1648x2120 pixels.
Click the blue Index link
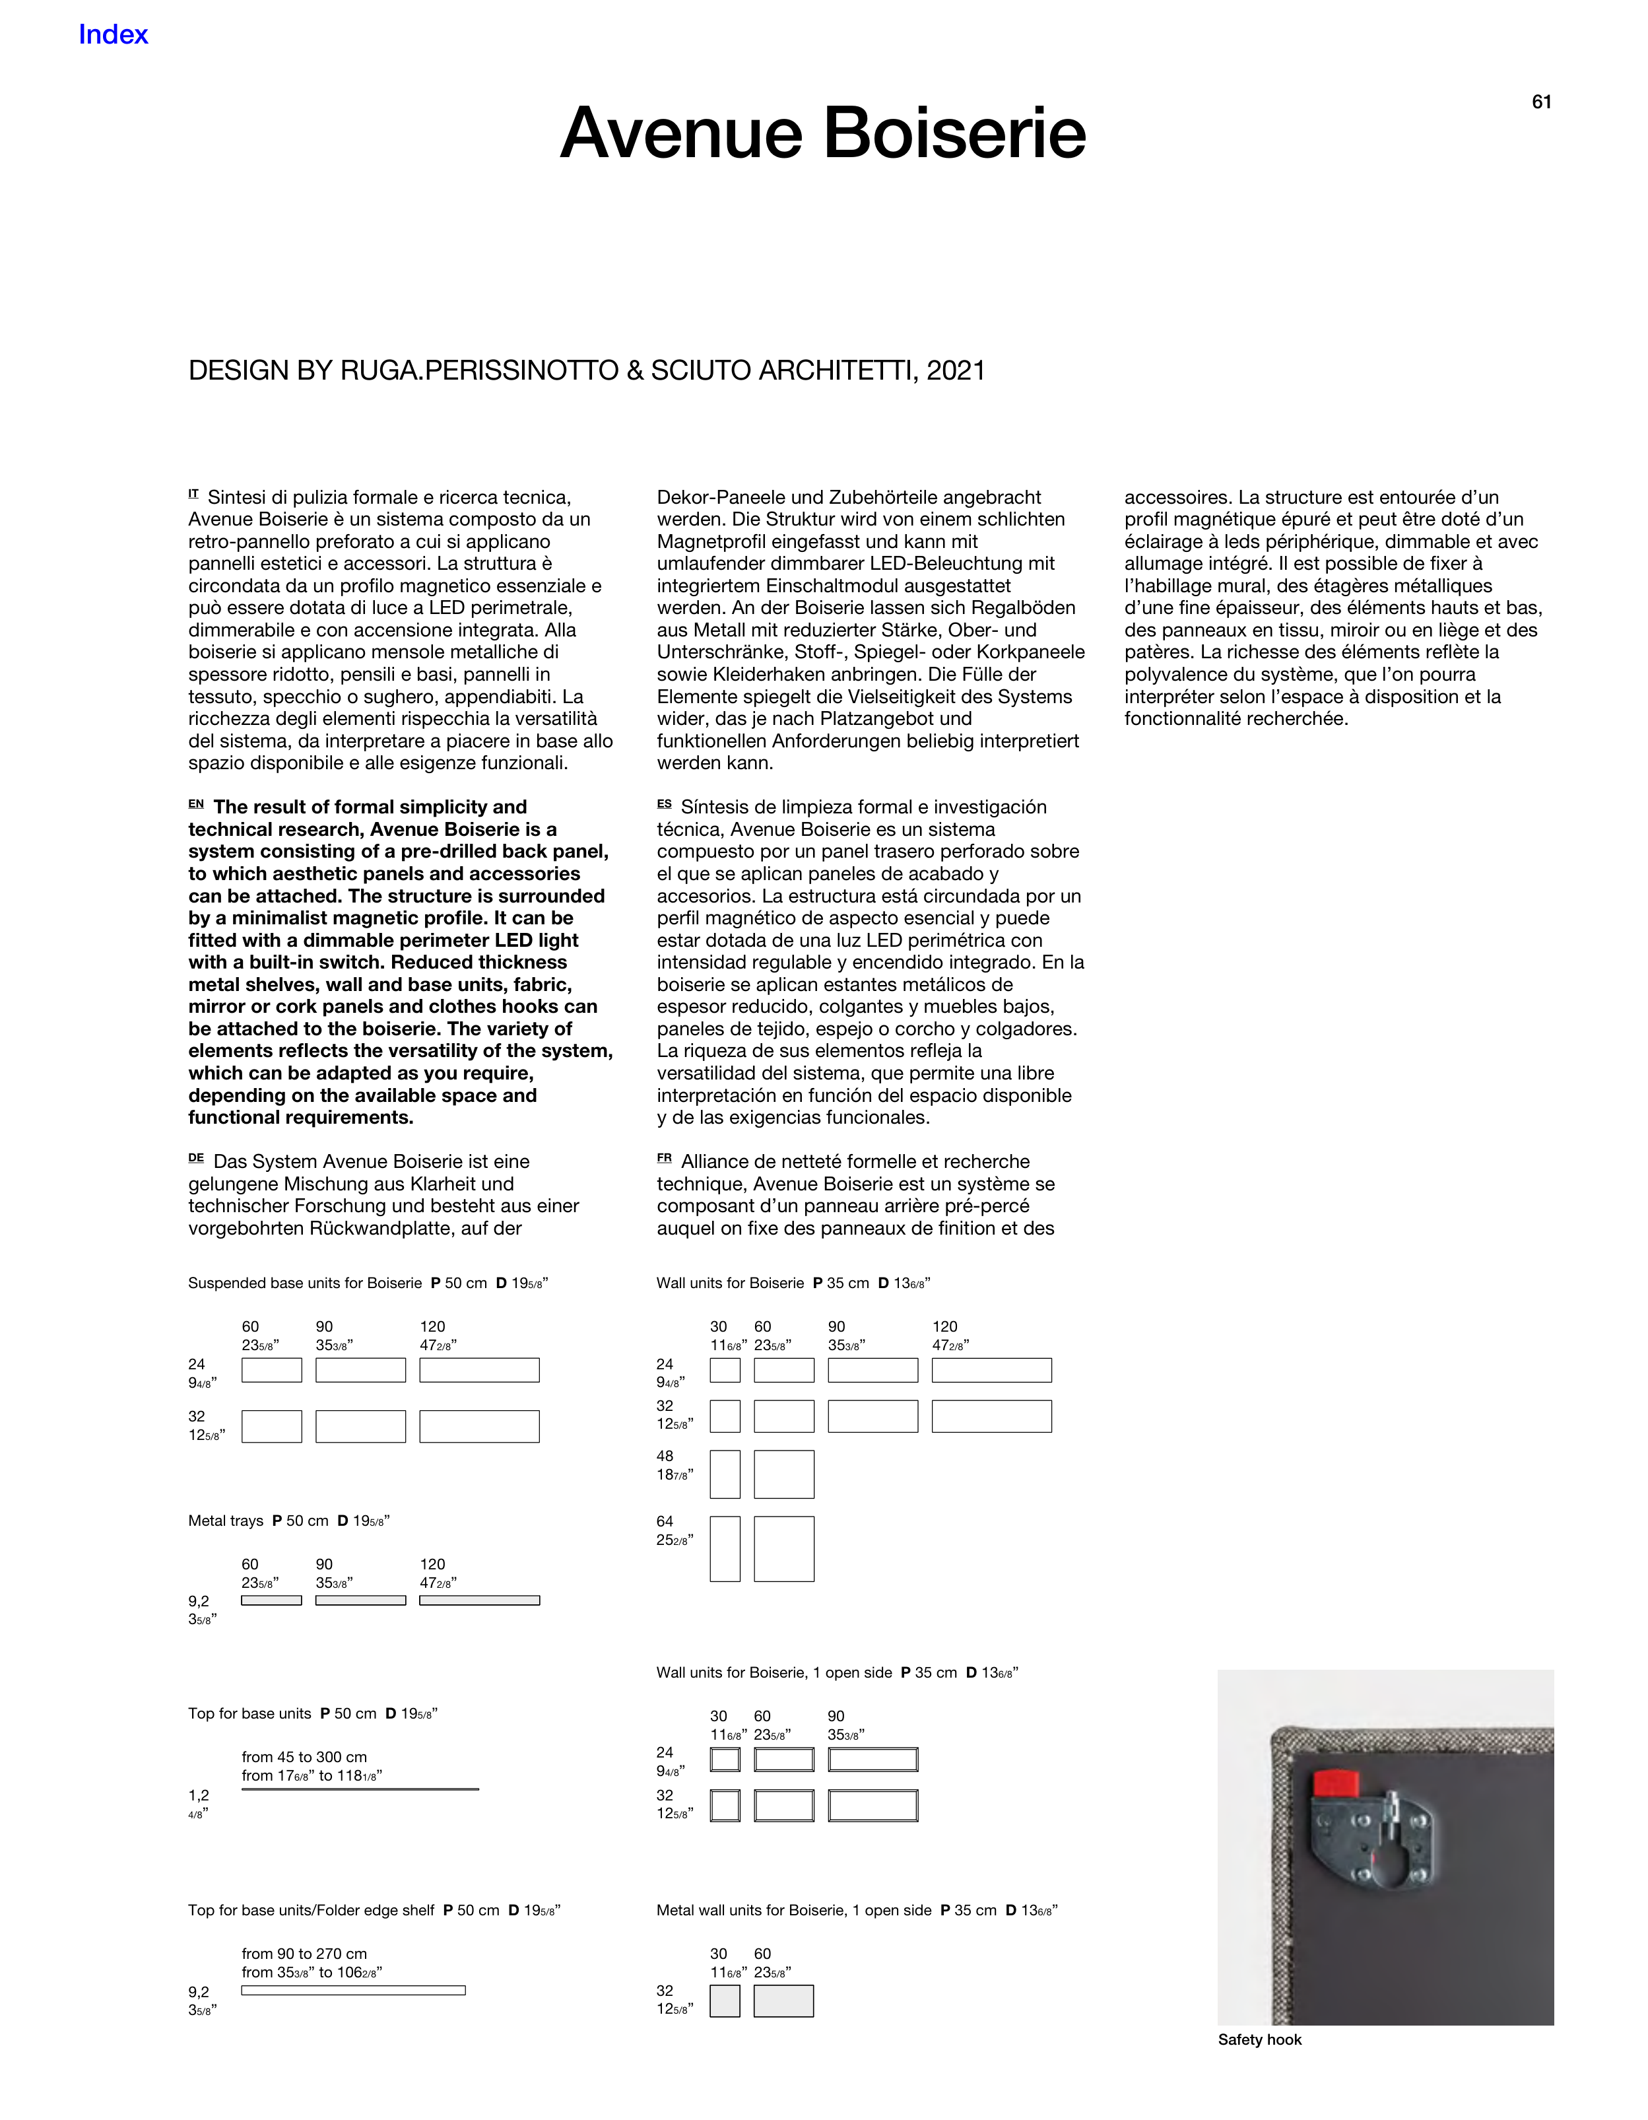point(113,35)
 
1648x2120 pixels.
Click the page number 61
point(1541,102)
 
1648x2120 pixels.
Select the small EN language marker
point(196,804)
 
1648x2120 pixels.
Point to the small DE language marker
point(196,1158)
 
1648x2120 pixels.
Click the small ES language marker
point(664,804)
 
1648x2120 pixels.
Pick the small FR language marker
point(664,1158)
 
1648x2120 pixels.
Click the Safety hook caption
point(1259,2039)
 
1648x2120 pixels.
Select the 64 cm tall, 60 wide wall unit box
point(783,1549)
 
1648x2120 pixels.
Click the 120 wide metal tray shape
point(479,1600)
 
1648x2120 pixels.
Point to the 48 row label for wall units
point(665,1456)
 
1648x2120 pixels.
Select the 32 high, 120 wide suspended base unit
point(479,1426)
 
